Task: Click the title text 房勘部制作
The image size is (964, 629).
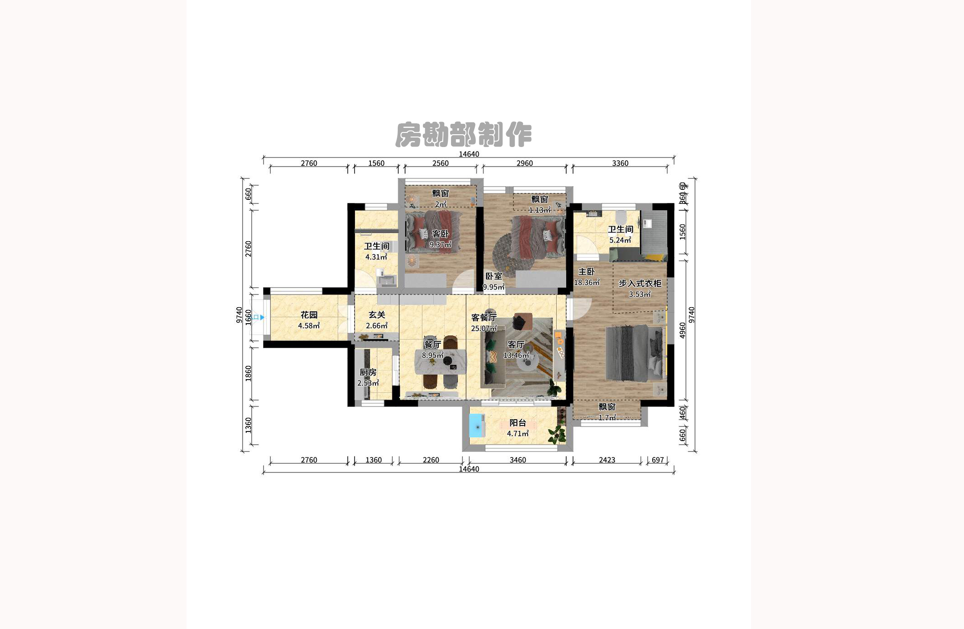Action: click(463, 135)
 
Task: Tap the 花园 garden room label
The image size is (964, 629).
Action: click(309, 314)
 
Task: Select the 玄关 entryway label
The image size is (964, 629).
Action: click(377, 314)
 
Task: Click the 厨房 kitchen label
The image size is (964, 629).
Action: click(368, 372)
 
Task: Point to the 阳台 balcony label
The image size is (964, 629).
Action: click(518, 422)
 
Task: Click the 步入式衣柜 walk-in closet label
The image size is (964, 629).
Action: click(639, 283)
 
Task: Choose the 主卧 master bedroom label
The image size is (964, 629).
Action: click(586, 271)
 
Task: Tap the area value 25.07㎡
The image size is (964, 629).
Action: click(483, 328)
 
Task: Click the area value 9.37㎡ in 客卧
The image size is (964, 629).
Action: click(440, 244)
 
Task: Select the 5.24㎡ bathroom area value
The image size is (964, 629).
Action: click(620, 240)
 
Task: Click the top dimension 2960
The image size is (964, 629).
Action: click(524, 163)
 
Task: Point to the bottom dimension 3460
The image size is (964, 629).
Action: click(518, 460)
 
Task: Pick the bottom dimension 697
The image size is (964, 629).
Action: click(658, 460)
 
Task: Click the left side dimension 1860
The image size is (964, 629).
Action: click(248, 374)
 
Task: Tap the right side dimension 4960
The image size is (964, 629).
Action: click(682, 330)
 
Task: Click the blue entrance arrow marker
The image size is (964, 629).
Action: click(262, 317)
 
